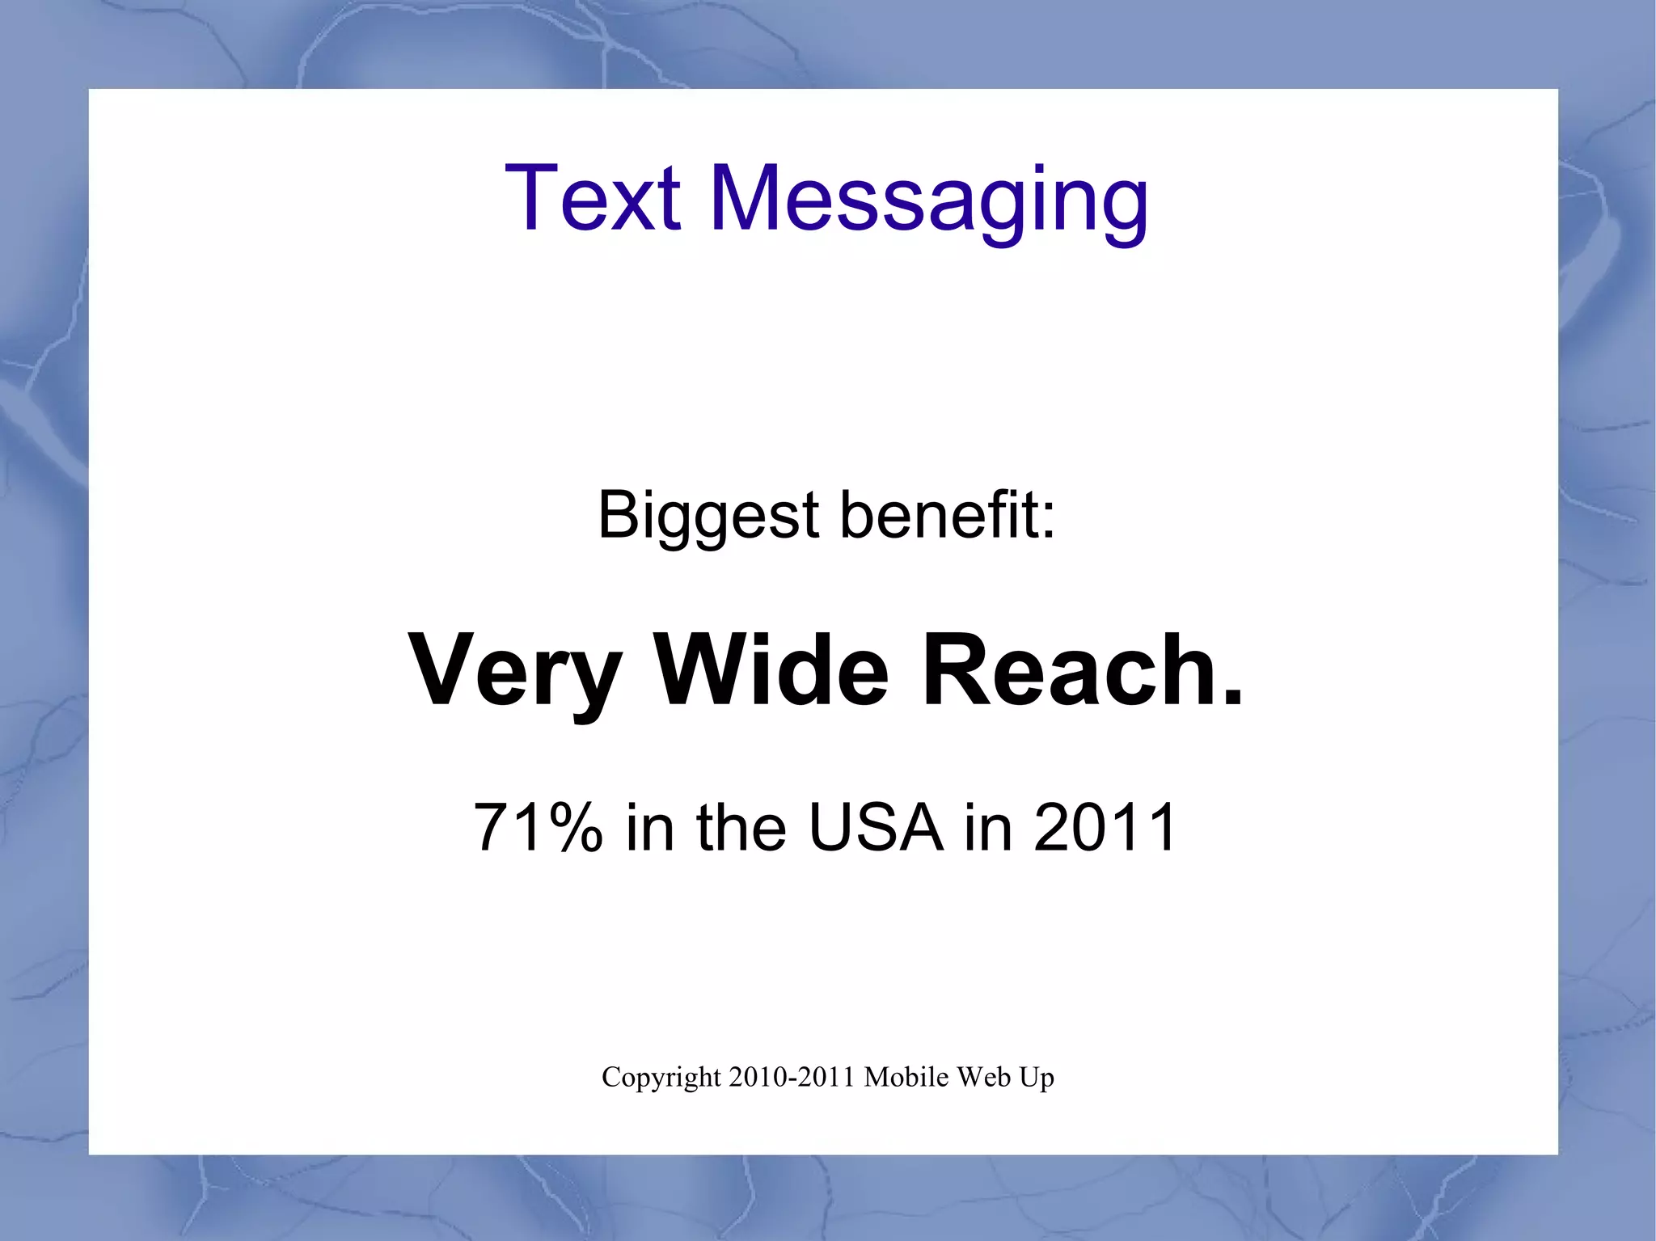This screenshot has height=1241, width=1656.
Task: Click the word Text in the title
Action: [593, 198]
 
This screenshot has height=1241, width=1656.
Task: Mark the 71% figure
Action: [538, 827]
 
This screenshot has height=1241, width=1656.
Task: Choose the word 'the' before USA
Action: [741, 827]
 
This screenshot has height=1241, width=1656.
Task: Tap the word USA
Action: [876, 827]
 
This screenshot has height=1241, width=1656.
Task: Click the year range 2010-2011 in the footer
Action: [792, 1077]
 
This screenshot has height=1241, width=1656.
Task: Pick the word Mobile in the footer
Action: [906, 1077]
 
